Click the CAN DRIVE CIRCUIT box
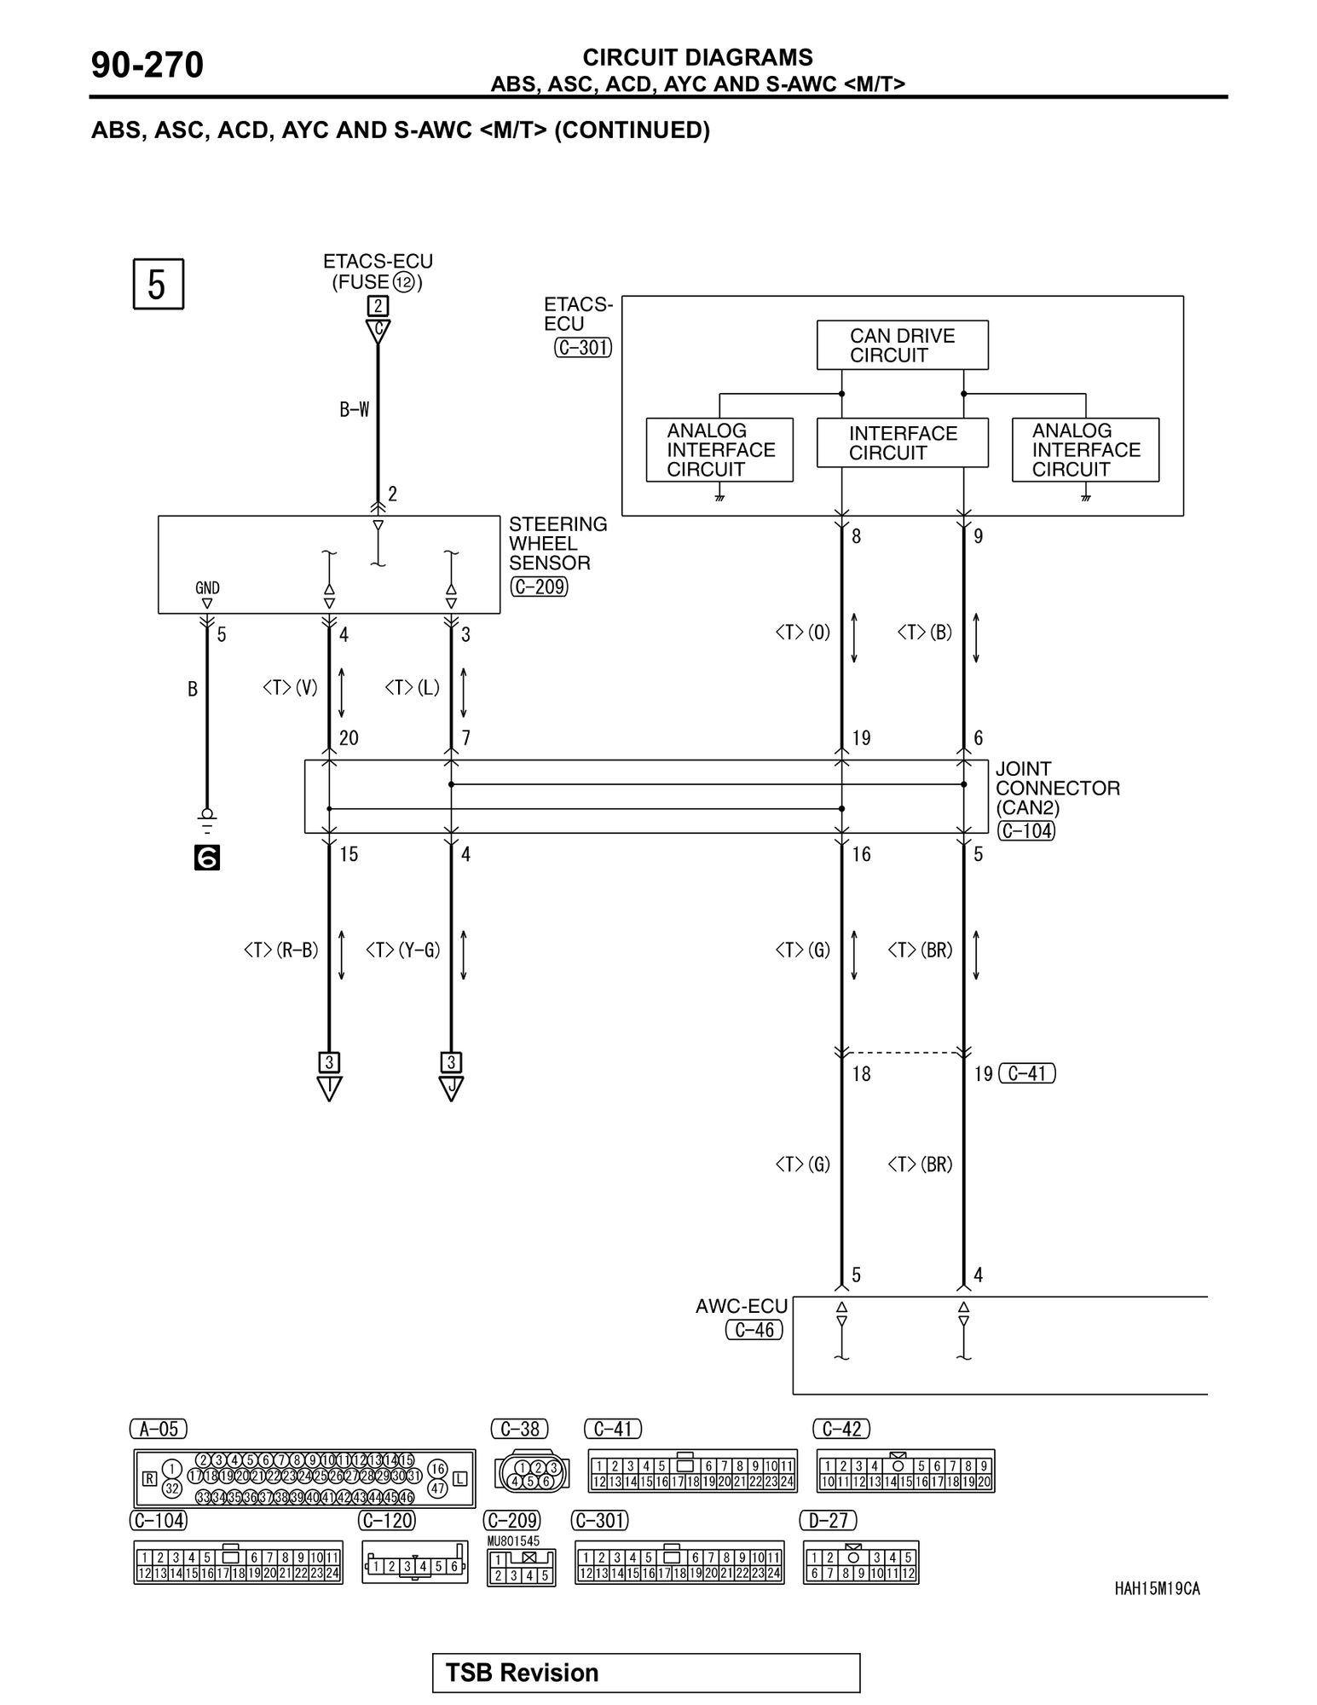click(902, 345)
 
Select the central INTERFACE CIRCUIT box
click(902, 442)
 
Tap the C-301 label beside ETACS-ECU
click(583, 348)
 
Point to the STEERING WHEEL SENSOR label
click(557, 543)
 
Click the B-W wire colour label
click(355, 410)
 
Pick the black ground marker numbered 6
click(207, 858)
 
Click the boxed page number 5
click(158, 284)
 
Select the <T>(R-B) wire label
click(280, 950)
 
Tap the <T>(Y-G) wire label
click(402, 950)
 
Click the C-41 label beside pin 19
click(1026, 1073)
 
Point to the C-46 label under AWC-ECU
click(754, 1329)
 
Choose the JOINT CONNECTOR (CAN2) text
click(1057, 788)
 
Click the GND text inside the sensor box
click(207, 587)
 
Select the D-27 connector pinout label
click(829, 1520)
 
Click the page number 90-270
click(147, 66)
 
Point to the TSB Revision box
click(645, 1673)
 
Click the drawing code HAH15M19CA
click(1157, 1588)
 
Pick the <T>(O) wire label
click(802, 633)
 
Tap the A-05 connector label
click(159, 1429)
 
